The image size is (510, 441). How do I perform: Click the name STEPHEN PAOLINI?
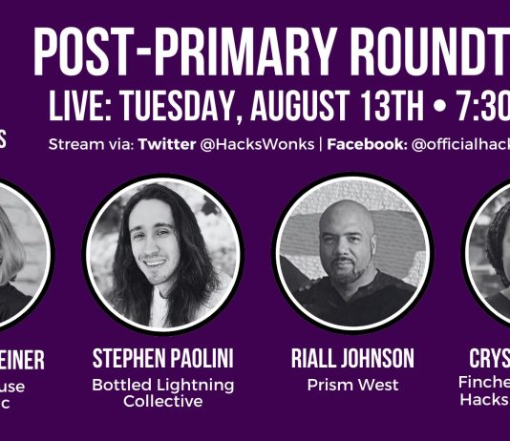tap(161, 359)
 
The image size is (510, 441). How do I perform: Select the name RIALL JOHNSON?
tap(352, 359)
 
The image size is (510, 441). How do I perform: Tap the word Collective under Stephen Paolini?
tap(162, 401)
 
